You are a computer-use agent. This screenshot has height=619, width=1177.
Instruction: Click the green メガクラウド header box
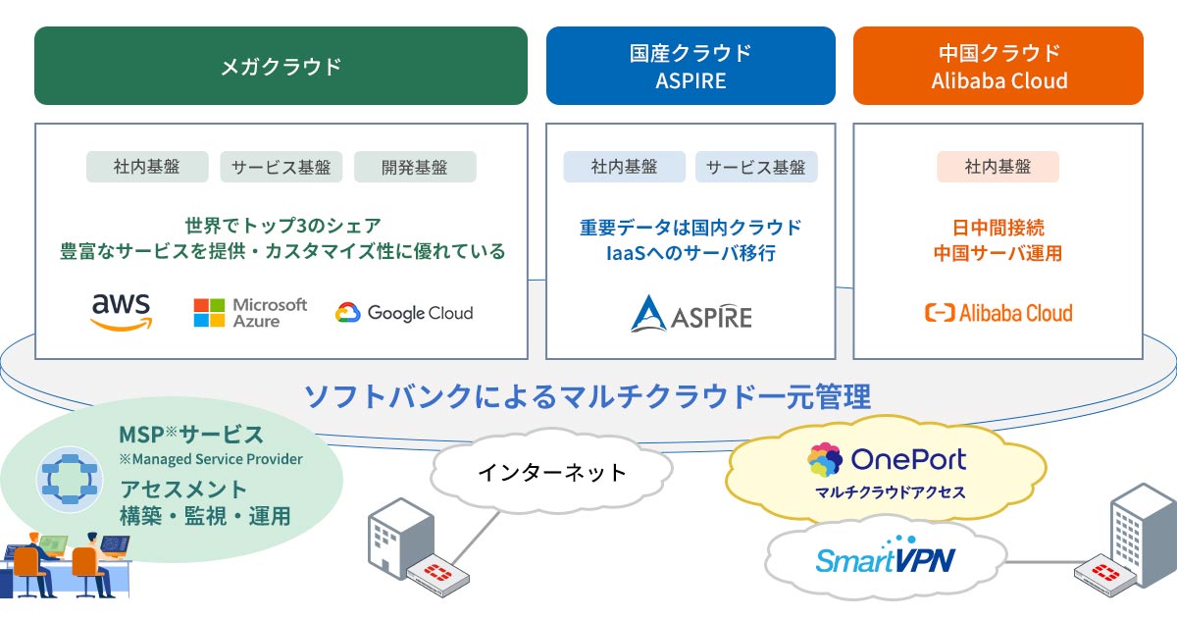(281, 66)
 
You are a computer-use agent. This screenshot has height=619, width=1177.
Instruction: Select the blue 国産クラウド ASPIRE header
(691, 66)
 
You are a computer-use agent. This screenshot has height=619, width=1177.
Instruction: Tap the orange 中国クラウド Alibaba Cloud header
(998, 66)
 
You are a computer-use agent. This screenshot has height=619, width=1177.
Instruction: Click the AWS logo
(122, 313)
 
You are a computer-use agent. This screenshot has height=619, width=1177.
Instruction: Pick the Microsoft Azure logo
(250, 313)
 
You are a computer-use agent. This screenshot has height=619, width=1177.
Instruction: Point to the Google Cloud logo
(404, 313)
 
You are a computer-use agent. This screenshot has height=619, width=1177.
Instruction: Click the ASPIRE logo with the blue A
(691, 314)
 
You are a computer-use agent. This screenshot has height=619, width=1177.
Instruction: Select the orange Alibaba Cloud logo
(998, 313)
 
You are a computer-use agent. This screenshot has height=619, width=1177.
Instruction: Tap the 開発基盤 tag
(415, 167)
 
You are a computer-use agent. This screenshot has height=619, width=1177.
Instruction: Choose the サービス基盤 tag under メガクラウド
(281, 167)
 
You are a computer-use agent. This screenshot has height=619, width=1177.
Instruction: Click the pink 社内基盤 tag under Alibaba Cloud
(998, 167)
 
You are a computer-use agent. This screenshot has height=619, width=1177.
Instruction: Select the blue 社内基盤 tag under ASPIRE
(624, 167)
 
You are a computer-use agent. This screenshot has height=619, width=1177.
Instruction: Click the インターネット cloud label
(551, 472)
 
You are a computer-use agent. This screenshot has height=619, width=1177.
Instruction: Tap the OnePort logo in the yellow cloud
(887, 460)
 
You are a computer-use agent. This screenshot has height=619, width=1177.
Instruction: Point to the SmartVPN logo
(886, 556)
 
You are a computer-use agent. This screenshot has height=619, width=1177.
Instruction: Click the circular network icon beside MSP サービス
(70, 480)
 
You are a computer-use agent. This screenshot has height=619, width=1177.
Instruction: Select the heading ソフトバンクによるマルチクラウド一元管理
(588, 396)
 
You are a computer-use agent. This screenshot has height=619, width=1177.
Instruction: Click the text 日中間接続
(998, 228)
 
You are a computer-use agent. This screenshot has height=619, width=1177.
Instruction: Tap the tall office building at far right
(1144, 535)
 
